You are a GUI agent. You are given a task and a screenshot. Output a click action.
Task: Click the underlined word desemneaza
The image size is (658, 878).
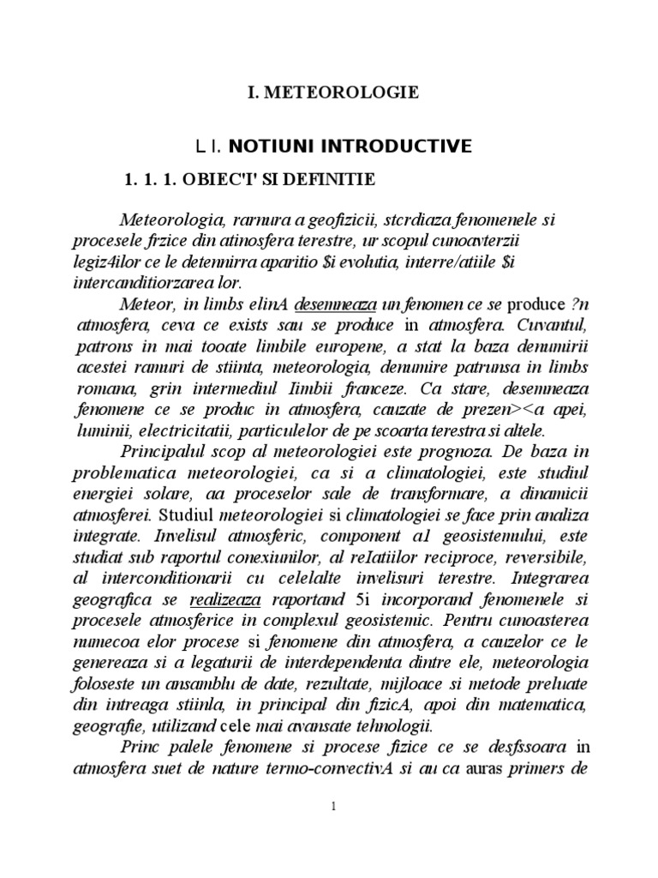pos(337,307)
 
